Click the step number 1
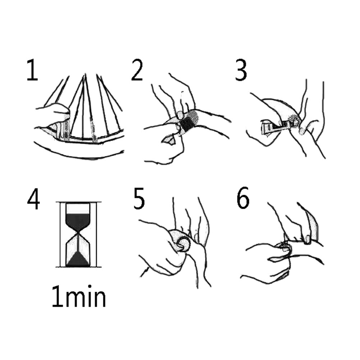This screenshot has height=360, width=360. [x=33, y=70]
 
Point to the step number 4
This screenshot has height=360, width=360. [x=33, y=199]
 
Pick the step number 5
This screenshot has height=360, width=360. [x=139, y=199]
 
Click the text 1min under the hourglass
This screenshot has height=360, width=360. [x=79, y=296]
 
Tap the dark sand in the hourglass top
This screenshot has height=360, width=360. [x=78, y=222]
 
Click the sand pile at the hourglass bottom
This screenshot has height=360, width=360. [x=78, y=259]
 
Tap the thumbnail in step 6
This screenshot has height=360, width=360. [x=307, y=239]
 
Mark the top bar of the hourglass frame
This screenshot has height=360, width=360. [x=79, y=202]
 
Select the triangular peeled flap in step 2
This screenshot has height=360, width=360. [x=169, y=140]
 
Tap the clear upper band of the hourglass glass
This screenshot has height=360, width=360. [x=78, y=208]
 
